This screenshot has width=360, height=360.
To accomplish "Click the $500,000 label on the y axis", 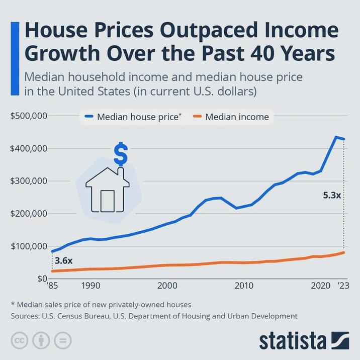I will click(x=29, y=116).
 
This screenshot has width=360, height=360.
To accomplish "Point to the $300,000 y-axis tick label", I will click(x=29, y=181).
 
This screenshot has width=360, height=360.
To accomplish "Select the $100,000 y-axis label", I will click(x=29, y=246).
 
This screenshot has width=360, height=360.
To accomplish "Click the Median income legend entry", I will click(x=237, y=117).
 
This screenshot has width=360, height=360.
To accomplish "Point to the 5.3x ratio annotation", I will click(x=332, y=195).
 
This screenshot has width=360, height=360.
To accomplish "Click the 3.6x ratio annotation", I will click(x=63, y=261).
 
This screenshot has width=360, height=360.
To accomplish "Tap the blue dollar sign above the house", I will click(x=120, y=154).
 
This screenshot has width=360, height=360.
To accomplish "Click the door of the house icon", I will click(x=108, y=201).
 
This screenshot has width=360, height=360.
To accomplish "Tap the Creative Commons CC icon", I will click(x=20, y=340).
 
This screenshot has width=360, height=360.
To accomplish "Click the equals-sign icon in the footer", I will click(x=63, y=340).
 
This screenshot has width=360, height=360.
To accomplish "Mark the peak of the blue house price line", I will click(x=336, y=137).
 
